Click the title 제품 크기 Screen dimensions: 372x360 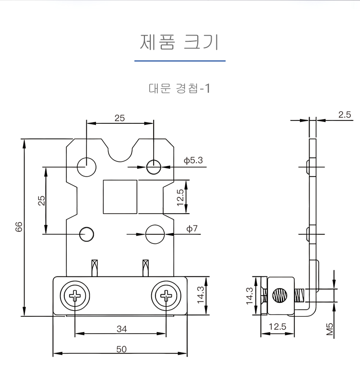coord(180,42)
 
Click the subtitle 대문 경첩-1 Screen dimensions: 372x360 coord(180,89)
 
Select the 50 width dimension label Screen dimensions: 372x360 coord(121,349)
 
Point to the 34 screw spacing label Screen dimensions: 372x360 coord(121,329)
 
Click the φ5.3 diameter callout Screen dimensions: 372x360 coord(193,160)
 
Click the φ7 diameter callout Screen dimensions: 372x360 coord(192,229)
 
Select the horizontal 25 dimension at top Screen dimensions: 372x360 coord(120,118)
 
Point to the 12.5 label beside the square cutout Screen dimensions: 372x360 coord(180,197)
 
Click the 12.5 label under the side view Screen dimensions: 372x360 coord(277,327)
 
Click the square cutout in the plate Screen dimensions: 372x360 coord(120,197)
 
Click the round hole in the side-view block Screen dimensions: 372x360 coord(279,296)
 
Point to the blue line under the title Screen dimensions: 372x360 coord(180,61)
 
